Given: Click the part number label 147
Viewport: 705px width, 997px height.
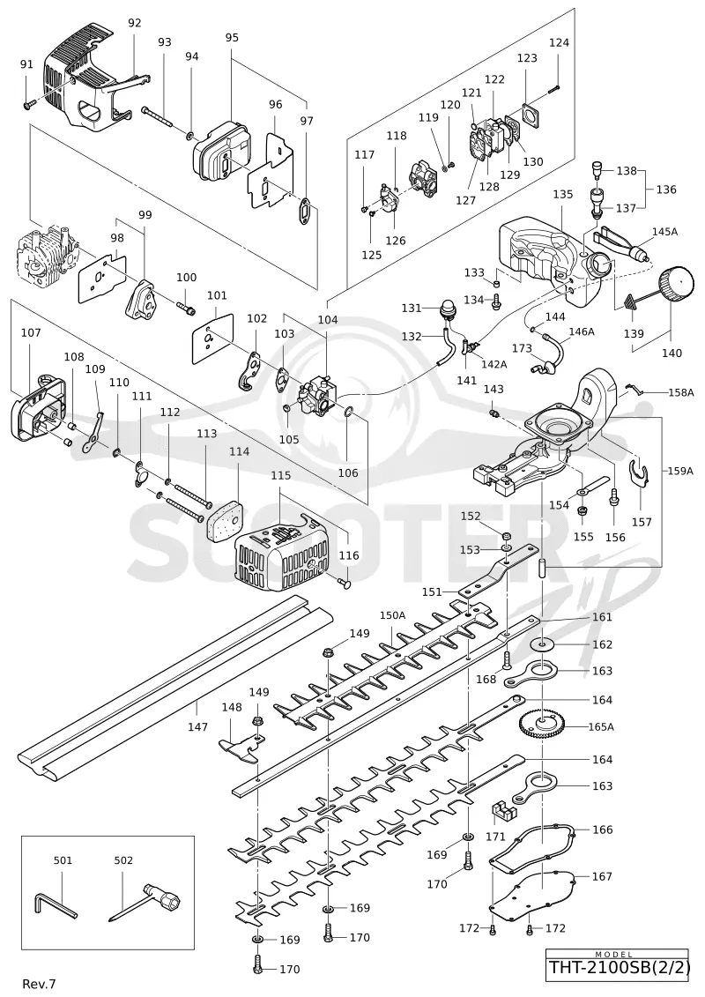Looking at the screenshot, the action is (x=197, y=726).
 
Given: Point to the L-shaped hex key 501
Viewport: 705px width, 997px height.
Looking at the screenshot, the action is (x=56, y=904).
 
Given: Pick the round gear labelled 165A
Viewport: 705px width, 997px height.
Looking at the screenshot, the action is (x=542, y=725).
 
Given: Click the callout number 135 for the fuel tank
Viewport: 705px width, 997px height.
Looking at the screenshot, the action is (x=562, y=195).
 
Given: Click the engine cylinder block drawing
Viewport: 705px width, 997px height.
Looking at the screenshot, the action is (x=46, y=255).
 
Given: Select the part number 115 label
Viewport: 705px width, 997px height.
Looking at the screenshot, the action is (x=281, y=475).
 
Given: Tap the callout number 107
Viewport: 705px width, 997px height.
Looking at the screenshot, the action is (x=31, y=332).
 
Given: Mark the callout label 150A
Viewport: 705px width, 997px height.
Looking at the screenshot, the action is (x=392, y=614).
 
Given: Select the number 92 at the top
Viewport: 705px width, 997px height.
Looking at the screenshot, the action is (x=135, y=23).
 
